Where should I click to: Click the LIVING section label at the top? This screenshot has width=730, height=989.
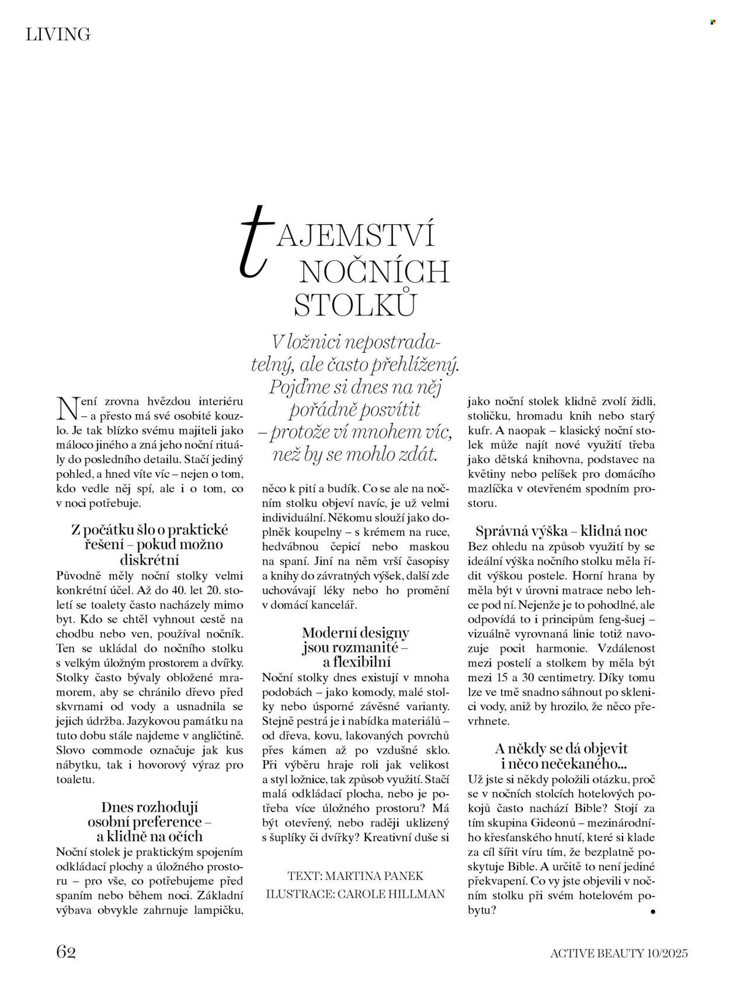58,35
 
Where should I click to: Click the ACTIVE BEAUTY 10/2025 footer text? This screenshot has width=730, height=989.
619,953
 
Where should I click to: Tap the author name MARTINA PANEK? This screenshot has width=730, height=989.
374,876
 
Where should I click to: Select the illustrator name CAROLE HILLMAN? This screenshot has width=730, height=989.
389,894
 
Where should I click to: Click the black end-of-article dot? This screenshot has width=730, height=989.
652,911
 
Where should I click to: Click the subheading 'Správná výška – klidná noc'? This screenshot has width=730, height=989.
561,531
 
